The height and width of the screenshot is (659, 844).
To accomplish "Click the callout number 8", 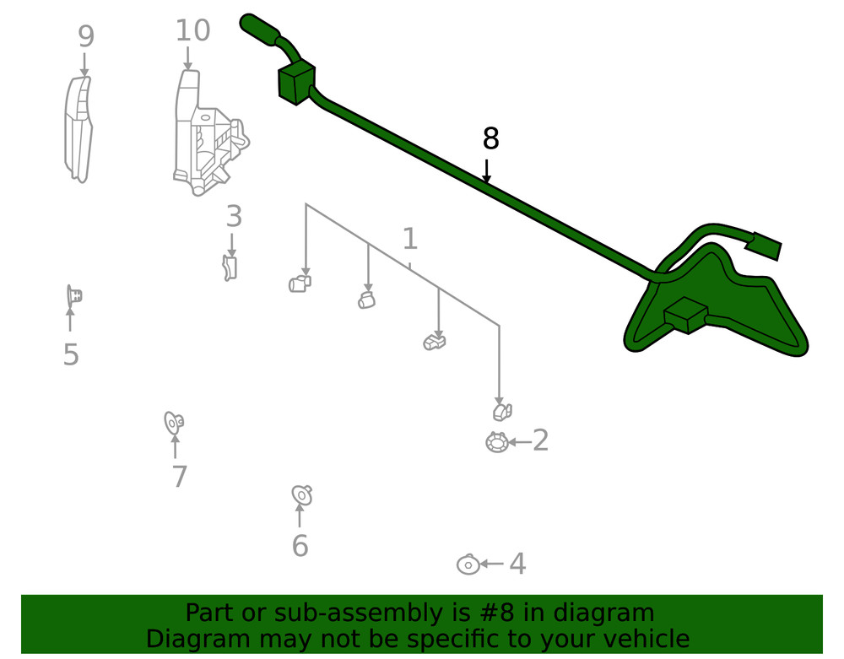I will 490,139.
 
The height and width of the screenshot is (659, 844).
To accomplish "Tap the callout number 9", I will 85,37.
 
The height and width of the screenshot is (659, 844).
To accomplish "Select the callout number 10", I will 192,31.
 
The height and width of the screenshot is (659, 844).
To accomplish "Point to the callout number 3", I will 234,217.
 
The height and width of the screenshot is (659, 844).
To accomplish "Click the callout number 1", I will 409,239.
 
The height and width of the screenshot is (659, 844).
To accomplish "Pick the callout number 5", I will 71,355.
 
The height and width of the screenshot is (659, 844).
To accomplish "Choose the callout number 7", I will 179,477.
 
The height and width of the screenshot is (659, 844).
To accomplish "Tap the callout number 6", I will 300,546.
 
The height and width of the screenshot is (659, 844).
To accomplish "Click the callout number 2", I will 540,440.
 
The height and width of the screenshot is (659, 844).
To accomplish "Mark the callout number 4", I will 517,564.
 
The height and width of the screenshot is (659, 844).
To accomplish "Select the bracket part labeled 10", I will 207,135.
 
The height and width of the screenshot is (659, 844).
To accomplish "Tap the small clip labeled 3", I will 230,268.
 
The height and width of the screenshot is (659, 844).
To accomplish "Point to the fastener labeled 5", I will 74,296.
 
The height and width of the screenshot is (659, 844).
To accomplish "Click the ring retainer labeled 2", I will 496,442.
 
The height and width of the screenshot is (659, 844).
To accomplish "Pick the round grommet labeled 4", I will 468,564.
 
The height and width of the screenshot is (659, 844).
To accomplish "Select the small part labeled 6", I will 301,494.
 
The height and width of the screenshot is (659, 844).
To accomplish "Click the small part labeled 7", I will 174,421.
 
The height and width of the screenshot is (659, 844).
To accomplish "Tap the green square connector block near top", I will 295,83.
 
